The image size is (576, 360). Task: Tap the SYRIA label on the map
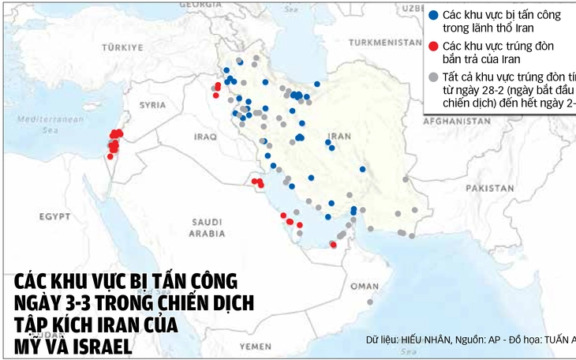152,104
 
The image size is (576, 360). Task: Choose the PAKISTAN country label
489,188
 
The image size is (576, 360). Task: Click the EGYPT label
56,216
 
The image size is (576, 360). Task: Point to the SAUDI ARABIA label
207,227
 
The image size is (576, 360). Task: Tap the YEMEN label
256,346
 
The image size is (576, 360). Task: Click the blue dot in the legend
432,14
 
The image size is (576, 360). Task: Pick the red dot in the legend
432,46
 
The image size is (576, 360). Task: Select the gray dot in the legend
432,77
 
